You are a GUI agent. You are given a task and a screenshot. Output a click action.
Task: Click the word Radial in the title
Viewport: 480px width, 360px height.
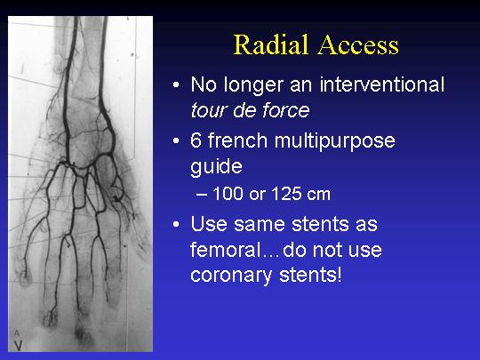pos(271,44)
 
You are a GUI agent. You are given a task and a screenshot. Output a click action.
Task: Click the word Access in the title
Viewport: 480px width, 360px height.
pos(358,45)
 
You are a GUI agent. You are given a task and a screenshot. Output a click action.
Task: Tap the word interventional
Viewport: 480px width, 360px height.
pos(381,84)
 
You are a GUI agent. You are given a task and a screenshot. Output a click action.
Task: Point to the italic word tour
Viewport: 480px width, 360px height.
pos(209,110)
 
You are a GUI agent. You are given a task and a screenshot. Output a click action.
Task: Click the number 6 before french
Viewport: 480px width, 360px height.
pos(196,140)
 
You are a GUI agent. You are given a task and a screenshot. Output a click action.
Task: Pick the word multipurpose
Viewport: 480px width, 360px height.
pos(334,143)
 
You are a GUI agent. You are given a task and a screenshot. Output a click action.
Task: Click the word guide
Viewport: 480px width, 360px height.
pos(216,168)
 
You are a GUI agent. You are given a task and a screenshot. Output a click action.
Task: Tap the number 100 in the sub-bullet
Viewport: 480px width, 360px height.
pos(228,194)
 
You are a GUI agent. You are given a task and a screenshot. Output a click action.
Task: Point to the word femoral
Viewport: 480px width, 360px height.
pos(225,250)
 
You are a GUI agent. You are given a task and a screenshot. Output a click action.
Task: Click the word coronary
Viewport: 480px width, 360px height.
pos(231,276)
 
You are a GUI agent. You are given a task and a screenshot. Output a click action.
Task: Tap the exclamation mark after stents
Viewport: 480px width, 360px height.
pos(339,274)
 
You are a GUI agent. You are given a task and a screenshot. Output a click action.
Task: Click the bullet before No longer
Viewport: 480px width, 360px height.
pos(176,84)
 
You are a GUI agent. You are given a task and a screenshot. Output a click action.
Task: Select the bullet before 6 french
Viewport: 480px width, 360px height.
pos(176,141)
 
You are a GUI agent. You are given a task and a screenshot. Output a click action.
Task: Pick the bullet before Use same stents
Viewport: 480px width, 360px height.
pos(176,224)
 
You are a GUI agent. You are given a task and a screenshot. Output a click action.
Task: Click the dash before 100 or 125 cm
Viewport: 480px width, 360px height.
pos(202,195)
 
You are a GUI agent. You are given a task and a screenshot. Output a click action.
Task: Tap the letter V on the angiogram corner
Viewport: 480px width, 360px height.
pos(18,345)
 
